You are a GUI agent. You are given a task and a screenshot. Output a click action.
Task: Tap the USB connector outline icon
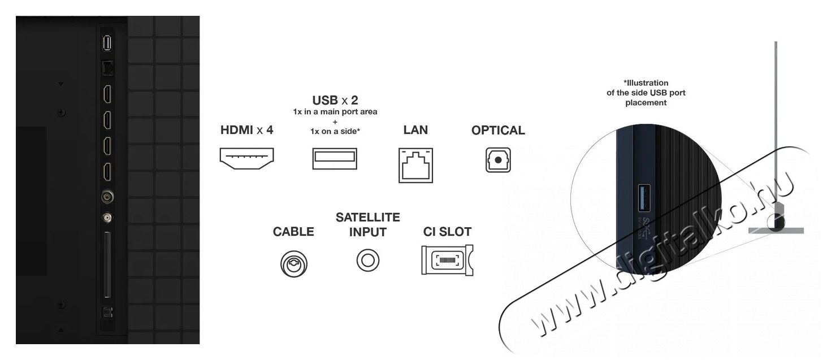(335, 159)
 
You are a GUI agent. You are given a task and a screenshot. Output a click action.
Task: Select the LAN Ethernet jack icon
(415, 165)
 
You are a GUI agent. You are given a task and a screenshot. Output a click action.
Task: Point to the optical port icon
(498, 160)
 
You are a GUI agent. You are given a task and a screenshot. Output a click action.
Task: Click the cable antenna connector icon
(293, 263)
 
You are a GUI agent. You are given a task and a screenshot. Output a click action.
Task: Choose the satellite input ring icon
(367, 261)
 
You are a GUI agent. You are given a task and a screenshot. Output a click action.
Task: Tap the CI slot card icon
(447, 261)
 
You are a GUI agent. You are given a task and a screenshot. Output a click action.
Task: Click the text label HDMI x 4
(246, 130)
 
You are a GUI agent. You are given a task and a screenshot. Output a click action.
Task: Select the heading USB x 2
(335, 101)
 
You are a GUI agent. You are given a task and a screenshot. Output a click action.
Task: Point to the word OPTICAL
(498, 131)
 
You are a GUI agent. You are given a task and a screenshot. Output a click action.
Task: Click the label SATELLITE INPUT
(367, 224)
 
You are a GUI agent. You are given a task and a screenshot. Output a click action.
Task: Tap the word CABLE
(293, 232)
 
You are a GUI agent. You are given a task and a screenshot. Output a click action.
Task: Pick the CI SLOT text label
(447, 232)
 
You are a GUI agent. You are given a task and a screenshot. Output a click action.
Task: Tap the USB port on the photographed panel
(106, 43)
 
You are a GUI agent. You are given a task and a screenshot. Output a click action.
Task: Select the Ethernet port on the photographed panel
(106, 67)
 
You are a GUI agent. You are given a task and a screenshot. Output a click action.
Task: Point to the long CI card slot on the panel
(106, 266)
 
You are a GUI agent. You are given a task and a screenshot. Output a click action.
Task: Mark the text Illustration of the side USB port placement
(646, 93)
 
